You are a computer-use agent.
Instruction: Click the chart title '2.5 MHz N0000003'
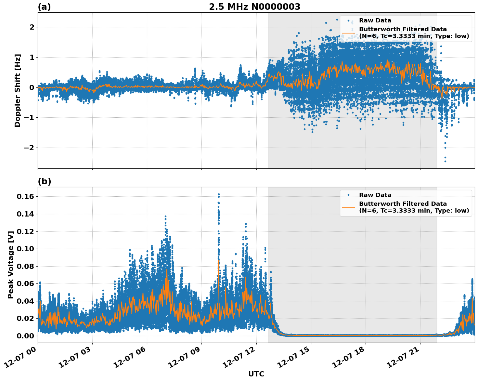pyautogui.click(x=254, y=7)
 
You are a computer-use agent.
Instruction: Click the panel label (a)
pyautogui.click(x=44, y=7)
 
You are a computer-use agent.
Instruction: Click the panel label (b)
pyautogui.click(x=44, y=181)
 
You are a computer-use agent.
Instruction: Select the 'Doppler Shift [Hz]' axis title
pyautogui.click(x=18, y=90)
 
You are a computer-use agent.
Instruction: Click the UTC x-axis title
pyautogui.click(x=256, y=374)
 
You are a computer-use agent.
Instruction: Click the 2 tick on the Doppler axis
pyautogui.click(x=32, y=27)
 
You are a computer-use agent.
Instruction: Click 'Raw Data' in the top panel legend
pyautogui.click(x=375, y=20)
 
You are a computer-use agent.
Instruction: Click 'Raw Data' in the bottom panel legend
pyautogui.click(x=375, y=195)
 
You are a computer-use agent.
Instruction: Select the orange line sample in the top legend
pyautogui.click(x=348, y=33)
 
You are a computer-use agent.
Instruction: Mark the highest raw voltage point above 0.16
pyautogui.click(x=219, y=194)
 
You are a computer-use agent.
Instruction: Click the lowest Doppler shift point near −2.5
pyautogui.click(x=445, y=161)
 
